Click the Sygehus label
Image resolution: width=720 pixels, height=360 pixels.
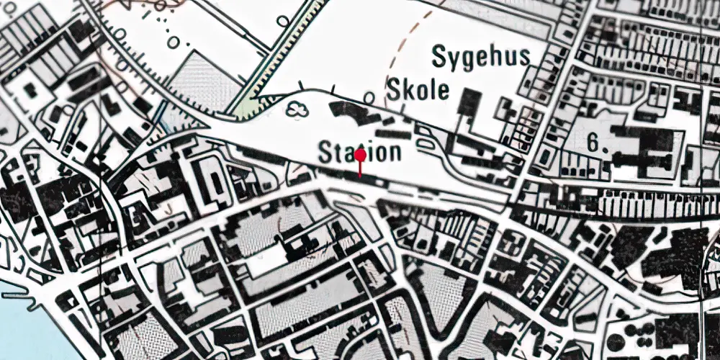pos(482,57)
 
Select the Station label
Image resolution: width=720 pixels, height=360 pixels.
pos(359,152)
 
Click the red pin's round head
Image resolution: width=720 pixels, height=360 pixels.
pos(359,154)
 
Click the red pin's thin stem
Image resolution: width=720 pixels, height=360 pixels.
pos(359,168)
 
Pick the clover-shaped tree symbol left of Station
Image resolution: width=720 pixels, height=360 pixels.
pos(297,109)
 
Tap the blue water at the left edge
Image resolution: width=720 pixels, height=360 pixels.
pos(11,317)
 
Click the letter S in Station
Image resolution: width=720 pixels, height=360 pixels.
pos(326,152)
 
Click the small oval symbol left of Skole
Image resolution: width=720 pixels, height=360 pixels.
pos(369,96)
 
